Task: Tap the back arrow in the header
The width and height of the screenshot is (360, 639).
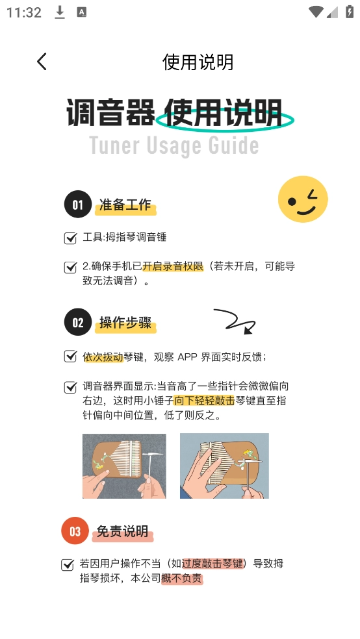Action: pyautogui.click(x=42, y=62)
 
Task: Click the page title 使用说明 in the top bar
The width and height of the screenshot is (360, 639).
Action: pyautogui.click(x=198, y=62)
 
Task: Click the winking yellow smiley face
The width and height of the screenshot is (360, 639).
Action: pyautogui.click(x=303, y=199)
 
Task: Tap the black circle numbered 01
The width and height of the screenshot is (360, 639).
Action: pyautogui.click(x=77, y=205)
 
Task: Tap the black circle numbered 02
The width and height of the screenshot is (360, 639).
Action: pyautogui.click(x=77, y=323)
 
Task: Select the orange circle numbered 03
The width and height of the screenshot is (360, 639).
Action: pyautogui.click(x=75, y=531)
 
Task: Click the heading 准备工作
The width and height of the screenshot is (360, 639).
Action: pyautogui.click(x=125, y=205)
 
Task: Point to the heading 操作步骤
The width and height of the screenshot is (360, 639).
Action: pyautogui.click(x=125, y=323)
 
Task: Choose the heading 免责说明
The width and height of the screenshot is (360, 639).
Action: pyautogui.click(x=123, y=531)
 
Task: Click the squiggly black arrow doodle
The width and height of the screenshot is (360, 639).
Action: pyautogui.click(x=235, y=321)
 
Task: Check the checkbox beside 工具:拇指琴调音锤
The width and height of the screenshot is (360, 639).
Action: pyautogui.click(x=70, y=238)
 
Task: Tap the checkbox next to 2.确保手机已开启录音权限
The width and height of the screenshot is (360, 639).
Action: pyautogui.click(x=70, y=268)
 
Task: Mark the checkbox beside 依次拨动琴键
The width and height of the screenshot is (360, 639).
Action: pyautogui.click(x=70, y=357)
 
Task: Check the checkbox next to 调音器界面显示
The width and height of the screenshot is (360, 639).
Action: pyautogui.click(x=70, y=387)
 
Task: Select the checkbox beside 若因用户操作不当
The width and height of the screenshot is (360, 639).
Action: pyautogui.click(x=68, y=564)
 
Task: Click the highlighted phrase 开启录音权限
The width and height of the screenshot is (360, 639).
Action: pyautogui.click(x=173, y=267)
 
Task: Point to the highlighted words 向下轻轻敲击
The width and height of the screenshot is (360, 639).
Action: pyautogui.click(x=204, y=401)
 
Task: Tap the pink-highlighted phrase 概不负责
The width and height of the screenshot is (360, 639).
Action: pyautogui.click(x=182, y=578)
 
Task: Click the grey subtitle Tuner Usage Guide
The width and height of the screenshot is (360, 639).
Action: pyautogui.click(x=174, y=145)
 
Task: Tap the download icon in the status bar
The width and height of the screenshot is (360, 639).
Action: pyautogui.click(x=60, y=12)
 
